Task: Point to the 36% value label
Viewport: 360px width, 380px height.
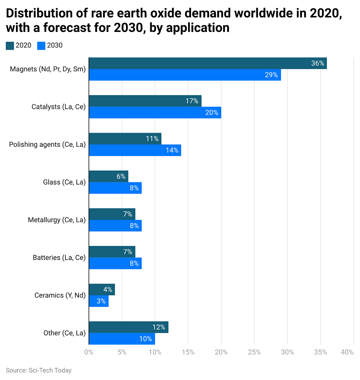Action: (x=318, y=64)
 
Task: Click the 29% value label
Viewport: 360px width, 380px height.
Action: (x=271, y=75)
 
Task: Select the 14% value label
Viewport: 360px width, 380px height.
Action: (x=172, y=150)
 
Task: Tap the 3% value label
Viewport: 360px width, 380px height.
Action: (x=101, y=301)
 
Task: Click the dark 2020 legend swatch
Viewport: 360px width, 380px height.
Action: (x=10, y=46)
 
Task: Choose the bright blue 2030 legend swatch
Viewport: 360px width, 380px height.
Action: (x=41, y=46)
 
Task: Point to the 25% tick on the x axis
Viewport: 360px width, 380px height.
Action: (x=254, y=352)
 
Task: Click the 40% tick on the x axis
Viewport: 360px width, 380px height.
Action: (x=347, y=352)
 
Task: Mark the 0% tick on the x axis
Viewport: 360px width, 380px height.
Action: (x=89, y=352)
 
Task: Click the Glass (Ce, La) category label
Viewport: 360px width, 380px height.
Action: (x=64, y=182)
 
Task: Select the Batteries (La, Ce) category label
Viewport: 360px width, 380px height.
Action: (x=59, y=257)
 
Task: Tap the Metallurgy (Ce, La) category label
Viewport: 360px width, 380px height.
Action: (x=57, y=220)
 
